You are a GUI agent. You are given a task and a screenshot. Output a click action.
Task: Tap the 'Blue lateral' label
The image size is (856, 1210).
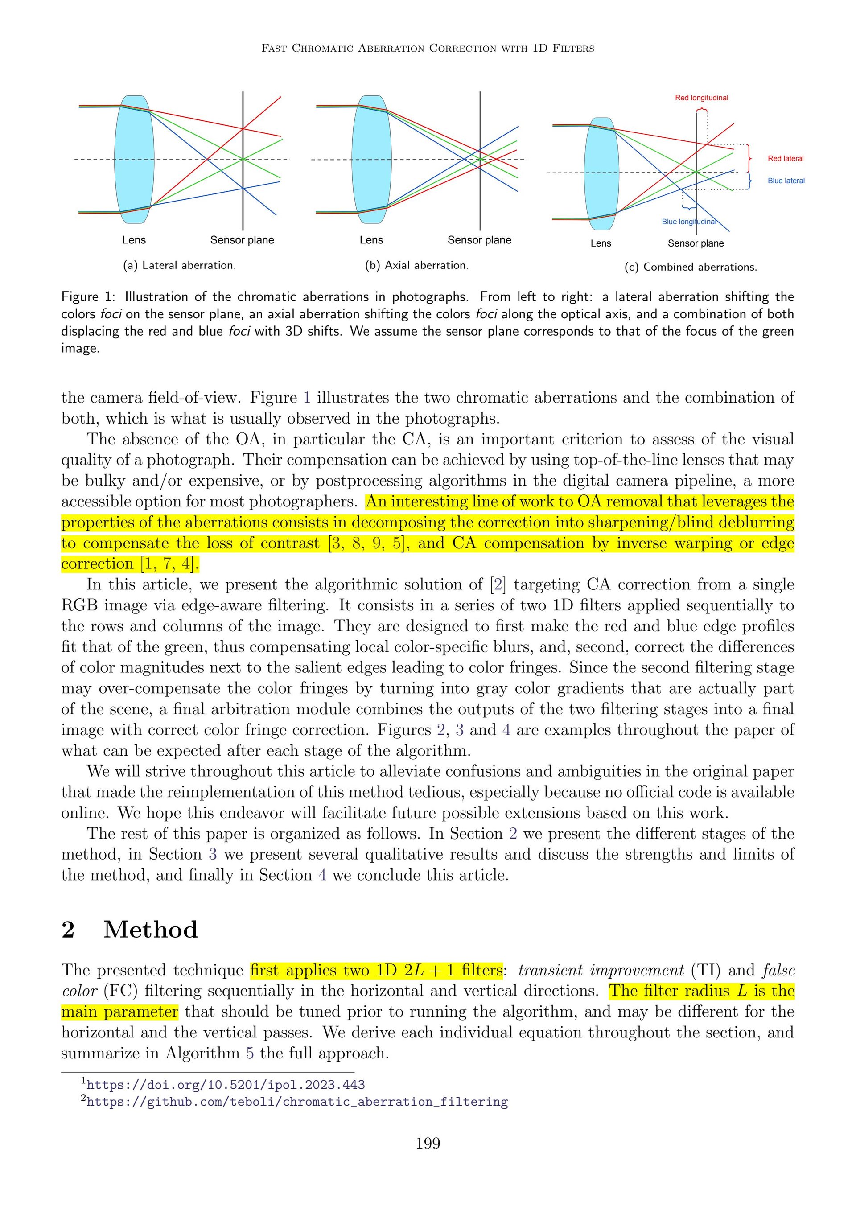point(786,181)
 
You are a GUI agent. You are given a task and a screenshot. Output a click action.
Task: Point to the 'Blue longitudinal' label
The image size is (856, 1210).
point(688,222)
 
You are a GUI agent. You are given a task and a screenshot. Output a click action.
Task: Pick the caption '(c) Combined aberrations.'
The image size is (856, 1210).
point(691,267)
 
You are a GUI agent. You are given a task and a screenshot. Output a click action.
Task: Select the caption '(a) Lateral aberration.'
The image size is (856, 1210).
point(179,265)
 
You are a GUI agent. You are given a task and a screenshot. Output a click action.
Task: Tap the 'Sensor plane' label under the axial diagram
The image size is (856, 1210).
point(479,240)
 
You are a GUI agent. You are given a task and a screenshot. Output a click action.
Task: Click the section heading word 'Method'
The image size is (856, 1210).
point(150,929)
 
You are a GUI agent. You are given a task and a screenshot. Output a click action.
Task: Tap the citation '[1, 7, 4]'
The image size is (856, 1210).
point(168,564)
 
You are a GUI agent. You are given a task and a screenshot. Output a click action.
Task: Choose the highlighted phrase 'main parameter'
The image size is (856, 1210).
point(119,1012)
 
